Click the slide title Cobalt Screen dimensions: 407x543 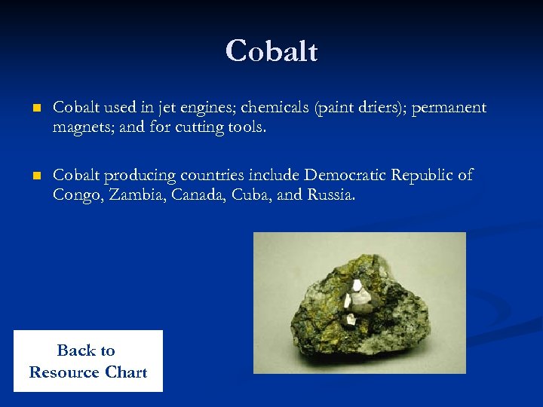click(x=271, y=51)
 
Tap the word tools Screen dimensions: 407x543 click(x=245, y=127)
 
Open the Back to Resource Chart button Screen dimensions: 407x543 click(x=87, y=361)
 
